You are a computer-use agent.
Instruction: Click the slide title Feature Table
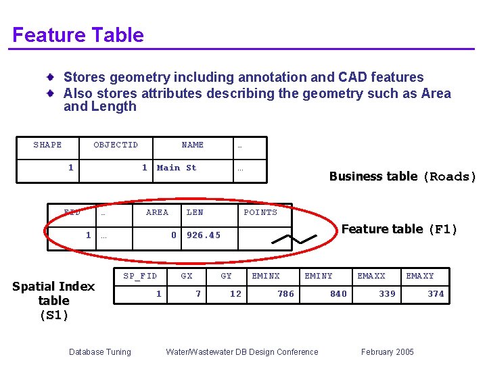coord(78,34)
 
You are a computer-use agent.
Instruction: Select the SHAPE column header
coord(47,145)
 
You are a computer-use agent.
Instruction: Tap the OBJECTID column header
coord(116,145)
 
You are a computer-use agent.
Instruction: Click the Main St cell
coord(177,168)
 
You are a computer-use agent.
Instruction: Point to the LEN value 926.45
coord(204,235)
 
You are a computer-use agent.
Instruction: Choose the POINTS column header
coord(260,212)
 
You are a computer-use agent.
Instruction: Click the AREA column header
coord(157,212)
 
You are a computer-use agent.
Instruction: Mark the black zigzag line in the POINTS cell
coord(294,239)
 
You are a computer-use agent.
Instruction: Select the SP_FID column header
coord(140,276)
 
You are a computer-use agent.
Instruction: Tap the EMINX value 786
coord(285,293)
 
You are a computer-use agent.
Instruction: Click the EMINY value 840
coord(339,293)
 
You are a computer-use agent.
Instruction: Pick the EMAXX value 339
coord(387,293)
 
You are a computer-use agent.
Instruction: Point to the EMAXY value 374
coord(436,293)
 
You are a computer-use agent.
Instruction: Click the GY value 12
coord(236,293)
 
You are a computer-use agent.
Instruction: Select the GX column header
coord(187,276)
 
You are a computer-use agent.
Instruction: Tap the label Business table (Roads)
coord(402,176)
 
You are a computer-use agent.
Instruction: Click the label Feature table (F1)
coord(399,229)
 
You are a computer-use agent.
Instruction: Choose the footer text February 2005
coord(388,351)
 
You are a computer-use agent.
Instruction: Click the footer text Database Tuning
coord(100,352)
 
